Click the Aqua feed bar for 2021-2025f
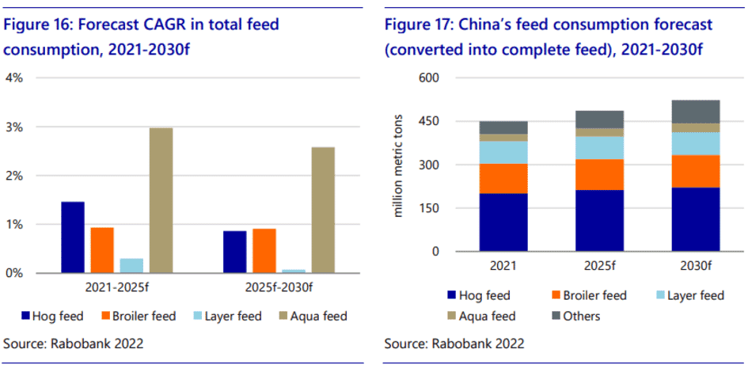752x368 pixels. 161,200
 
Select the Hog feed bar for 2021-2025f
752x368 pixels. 72,237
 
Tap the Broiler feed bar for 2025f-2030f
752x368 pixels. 264,251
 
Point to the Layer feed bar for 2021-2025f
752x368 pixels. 131,265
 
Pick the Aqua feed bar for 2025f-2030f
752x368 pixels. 323,210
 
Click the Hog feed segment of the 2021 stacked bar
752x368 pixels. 503,222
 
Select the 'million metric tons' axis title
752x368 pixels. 398,165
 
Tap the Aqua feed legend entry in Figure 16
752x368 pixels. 314,317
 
